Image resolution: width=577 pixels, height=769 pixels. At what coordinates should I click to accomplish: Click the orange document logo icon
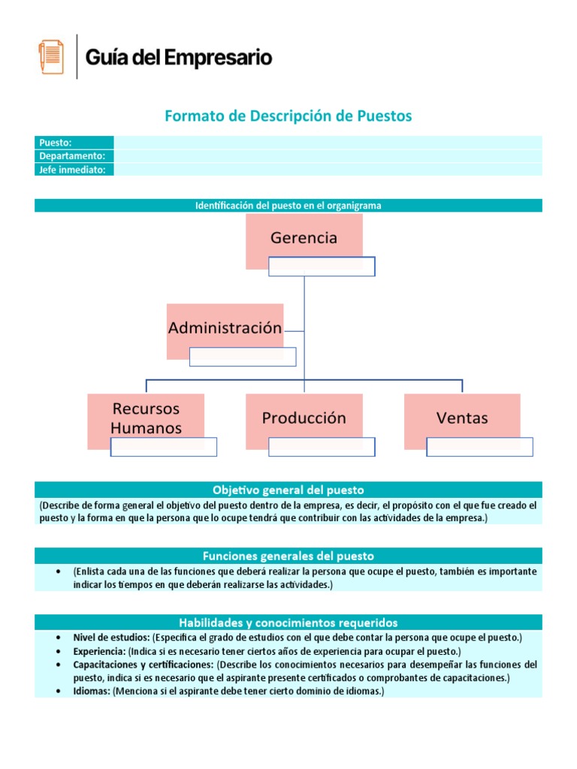51,57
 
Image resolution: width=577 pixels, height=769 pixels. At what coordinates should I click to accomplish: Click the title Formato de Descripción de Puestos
288,116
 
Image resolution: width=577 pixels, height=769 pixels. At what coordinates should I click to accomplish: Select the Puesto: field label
56,143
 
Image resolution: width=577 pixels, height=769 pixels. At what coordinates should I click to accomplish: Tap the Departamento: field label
72,156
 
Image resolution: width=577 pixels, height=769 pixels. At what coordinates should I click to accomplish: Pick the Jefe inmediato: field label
72,170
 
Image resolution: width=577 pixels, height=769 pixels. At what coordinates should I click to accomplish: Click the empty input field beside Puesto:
328,143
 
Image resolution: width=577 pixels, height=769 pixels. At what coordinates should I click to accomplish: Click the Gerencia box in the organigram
304,237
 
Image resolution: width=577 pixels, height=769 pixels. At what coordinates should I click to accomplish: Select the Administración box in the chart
225,327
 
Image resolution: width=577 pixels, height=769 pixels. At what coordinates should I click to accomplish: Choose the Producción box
304,417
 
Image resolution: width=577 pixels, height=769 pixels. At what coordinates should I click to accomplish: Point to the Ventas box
462,417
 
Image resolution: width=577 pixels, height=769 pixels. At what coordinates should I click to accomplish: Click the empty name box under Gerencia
322,267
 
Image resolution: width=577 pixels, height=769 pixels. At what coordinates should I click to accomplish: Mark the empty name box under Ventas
479,447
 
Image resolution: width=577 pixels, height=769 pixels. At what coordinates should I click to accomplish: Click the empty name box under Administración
243,357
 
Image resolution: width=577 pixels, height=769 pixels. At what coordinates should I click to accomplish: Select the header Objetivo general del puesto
288,490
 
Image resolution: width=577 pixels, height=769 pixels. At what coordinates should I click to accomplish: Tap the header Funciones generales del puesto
288,556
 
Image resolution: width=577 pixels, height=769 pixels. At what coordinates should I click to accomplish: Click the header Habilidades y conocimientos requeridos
288,623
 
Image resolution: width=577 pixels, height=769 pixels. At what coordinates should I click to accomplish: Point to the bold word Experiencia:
99,651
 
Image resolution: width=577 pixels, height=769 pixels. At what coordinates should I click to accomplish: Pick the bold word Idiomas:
92,691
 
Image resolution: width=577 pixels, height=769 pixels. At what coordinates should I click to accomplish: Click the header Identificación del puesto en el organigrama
288,206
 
